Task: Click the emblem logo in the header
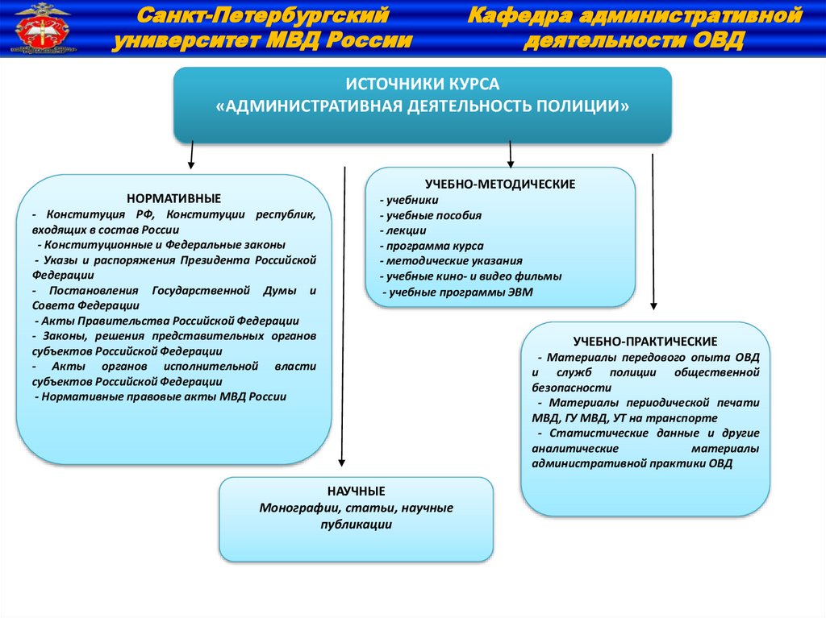click(x=37, y=29)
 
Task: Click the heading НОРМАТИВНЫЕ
click(x=173, y=198)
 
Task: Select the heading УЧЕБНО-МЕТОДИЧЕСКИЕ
click(x=500, y=184)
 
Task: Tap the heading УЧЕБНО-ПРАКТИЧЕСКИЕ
click(x=645, y=342)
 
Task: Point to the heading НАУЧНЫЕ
click(x=356, y=491)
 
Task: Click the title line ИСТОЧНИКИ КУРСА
click(x=423, y=85)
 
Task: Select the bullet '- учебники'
click(x=409, y=200)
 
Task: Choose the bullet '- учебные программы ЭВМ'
click(x=457, y=292)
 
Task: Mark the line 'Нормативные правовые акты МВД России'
click(x=161, y=397)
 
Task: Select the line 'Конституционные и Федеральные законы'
click(x=161, y=244)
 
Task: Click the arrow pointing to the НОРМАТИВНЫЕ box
click(x=191, y=155)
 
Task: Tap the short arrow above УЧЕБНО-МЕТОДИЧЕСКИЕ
click(x=511, y=155)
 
